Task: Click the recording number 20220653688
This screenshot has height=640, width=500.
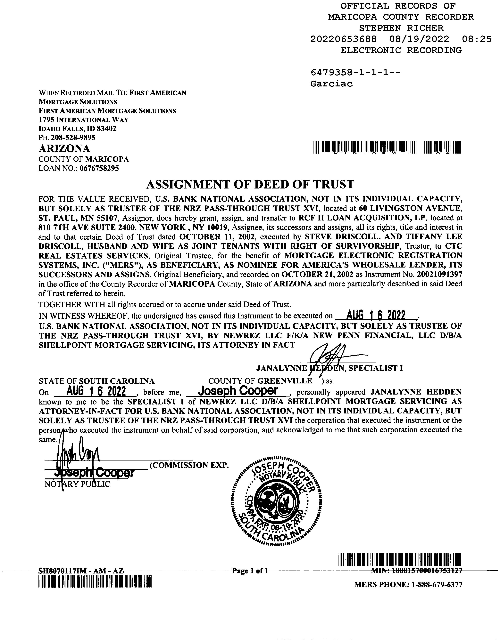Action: tap(344, 39)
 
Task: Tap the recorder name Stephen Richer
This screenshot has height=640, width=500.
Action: tap(401, 28)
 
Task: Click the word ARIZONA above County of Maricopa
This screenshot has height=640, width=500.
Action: tap(64, 148)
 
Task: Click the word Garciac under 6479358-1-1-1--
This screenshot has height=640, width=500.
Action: tap(331, 84)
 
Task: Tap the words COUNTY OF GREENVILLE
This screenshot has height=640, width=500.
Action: tap(260, 381)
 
